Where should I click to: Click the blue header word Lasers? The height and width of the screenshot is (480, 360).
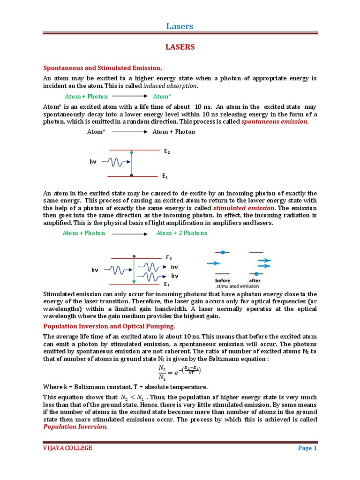click(180, 26)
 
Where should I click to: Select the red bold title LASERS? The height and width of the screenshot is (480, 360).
click(180, 47)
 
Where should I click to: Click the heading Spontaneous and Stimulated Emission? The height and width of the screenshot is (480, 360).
click(103, 68)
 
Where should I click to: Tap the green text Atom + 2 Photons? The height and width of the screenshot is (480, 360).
click(181, 233)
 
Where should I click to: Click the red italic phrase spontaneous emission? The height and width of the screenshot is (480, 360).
click(275, 121)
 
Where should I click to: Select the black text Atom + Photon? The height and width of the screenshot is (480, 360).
click(173, 132)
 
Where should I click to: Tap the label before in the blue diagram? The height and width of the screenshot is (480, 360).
click(222, 280)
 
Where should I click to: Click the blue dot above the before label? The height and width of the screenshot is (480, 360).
click(223, 252)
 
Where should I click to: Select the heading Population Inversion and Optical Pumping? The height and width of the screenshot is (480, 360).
click(109, 326)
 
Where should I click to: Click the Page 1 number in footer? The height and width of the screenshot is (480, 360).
click(307, 448)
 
